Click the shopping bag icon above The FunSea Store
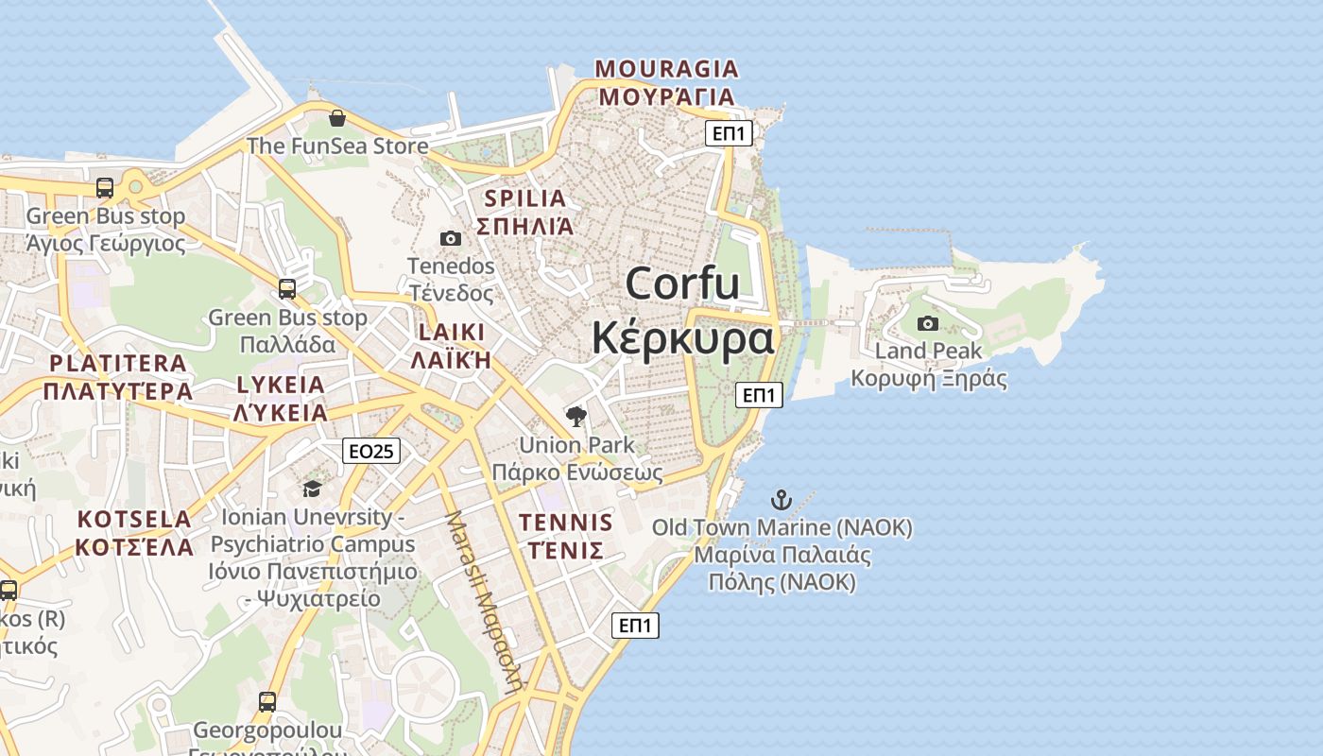[336, 118]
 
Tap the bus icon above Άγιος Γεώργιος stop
[105, 187]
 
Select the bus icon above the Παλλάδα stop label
[287, 289]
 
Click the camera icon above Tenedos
[451, 238]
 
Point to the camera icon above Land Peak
[928, 323]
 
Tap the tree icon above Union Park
[576, 416]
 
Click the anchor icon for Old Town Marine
[782, 500]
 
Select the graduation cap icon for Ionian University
[312, 489]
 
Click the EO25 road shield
[371, 452]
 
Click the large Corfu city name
[682, 283]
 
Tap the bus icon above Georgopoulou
[267, 702]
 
